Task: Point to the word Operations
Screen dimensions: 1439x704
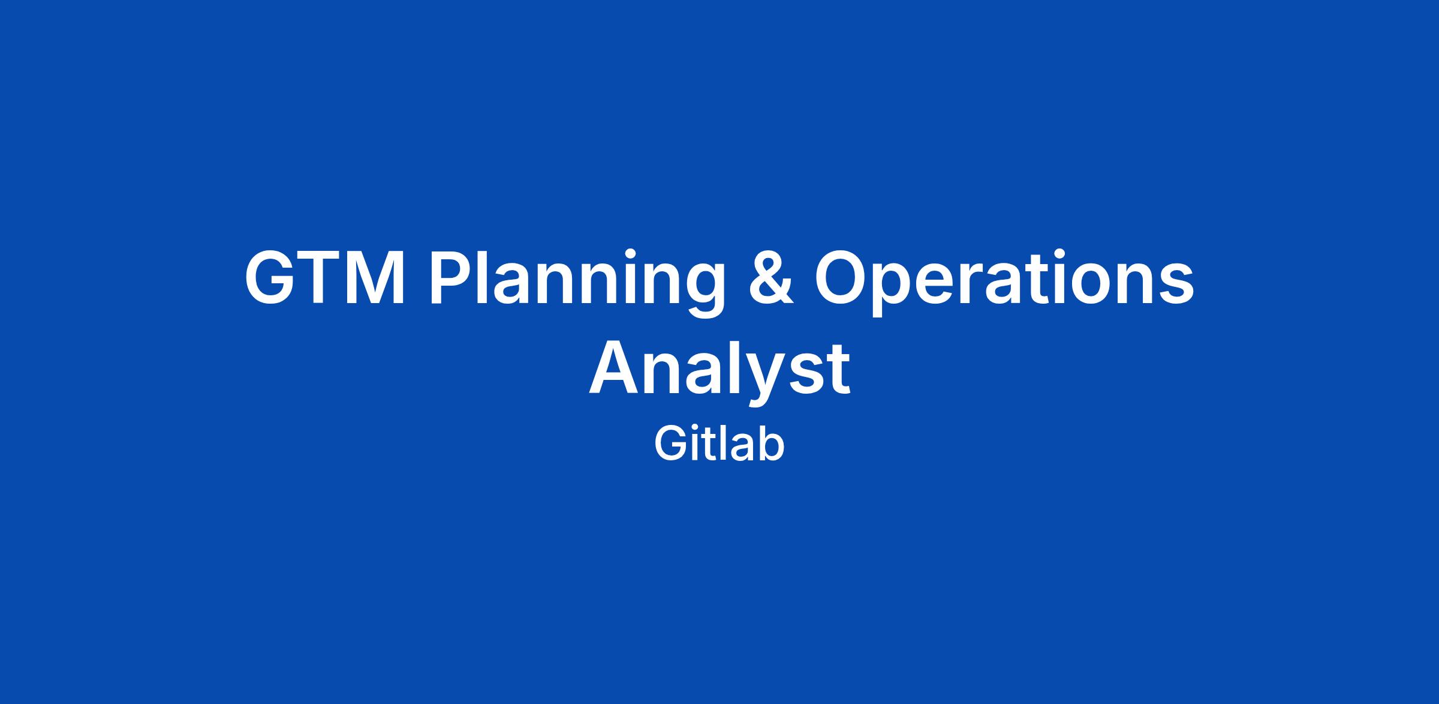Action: pos(1004,282)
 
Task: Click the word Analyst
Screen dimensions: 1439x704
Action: pos(719,372)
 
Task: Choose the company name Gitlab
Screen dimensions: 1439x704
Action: pos(719,444)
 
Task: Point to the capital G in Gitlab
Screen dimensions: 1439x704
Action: pos(670,443)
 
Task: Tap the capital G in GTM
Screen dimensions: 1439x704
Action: pos(271,278)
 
